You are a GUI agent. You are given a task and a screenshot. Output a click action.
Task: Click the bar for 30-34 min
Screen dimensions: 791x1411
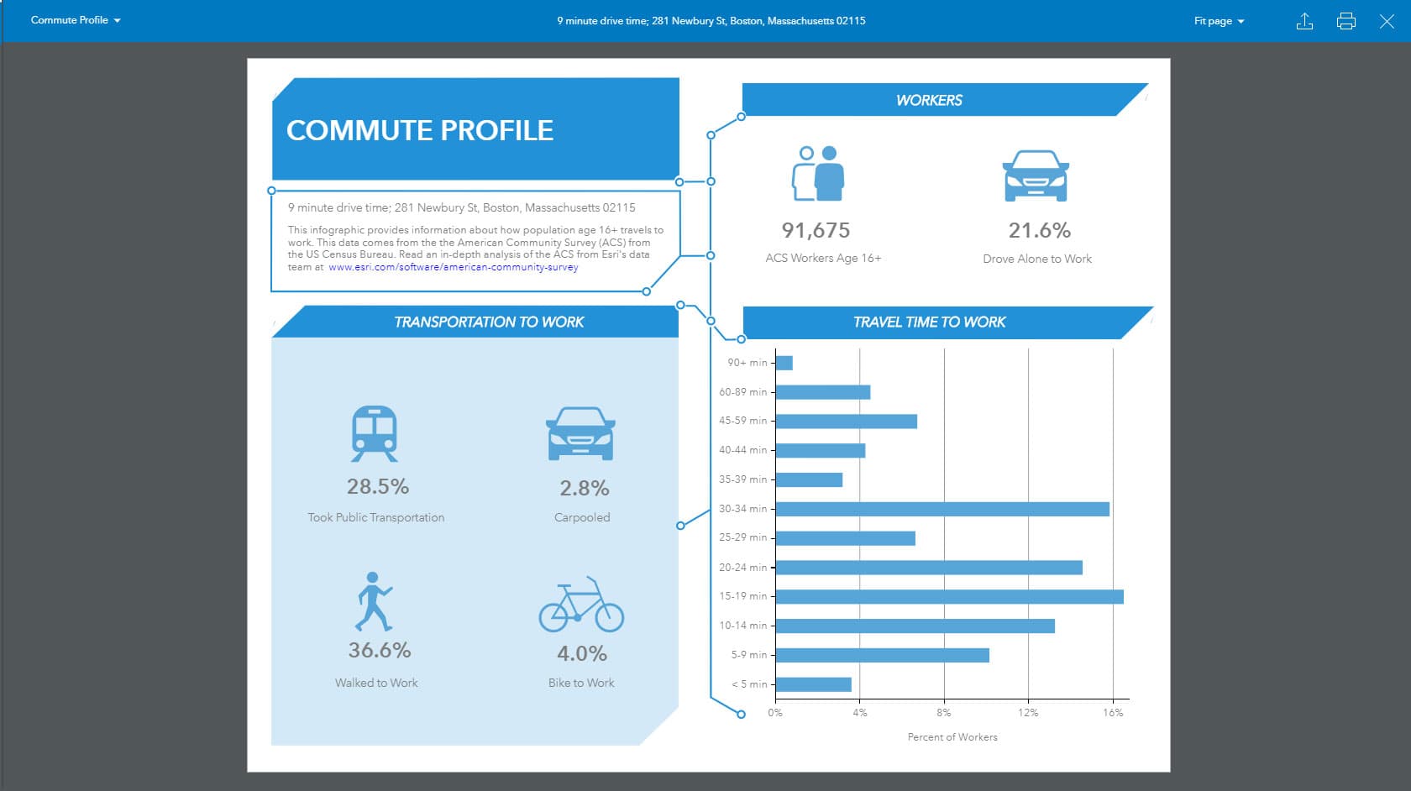tap(942, 509)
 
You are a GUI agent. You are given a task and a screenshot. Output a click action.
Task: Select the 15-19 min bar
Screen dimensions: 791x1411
tap(949, 597)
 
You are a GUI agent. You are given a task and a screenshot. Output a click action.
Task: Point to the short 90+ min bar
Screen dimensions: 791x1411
tap(784, 363)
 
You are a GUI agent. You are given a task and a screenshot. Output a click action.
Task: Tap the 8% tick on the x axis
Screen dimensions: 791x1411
tap(944, 712)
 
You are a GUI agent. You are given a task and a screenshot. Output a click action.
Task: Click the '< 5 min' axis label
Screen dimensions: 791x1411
tap(749, 684)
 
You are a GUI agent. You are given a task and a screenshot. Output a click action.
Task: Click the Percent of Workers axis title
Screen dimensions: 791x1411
tap(952, 737)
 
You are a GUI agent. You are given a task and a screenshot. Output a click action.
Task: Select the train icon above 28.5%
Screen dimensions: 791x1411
tap(375, 433)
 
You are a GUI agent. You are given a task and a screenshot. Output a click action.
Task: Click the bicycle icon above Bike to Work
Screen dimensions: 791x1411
tap(581, 605)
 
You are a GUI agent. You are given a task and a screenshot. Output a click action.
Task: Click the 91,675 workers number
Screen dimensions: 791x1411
tap(816, 230)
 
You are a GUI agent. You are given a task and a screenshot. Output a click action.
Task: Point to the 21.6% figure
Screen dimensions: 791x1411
tap(1039, 230)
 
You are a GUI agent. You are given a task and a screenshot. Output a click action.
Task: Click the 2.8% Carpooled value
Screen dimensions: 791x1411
tap(585, 488)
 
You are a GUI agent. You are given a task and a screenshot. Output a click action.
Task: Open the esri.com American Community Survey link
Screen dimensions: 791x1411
tap(453, 267)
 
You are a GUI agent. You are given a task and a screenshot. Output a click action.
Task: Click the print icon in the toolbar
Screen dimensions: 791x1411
tap(1345, 21)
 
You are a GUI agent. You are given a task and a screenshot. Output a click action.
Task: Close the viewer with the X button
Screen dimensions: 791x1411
tap(1387, 21)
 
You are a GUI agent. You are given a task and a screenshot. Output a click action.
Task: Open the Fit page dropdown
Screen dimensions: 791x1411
tap(1219, 21)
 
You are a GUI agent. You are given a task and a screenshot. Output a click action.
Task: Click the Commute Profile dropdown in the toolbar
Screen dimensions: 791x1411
tap(76, 20)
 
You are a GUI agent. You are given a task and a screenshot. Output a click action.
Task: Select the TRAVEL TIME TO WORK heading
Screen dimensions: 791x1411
tap(929, 322)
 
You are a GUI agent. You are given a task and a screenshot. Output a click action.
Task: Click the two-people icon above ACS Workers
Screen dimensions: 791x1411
tap(817, 174)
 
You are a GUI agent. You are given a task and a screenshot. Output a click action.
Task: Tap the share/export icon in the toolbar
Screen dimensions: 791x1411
tap(1304, 21)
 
